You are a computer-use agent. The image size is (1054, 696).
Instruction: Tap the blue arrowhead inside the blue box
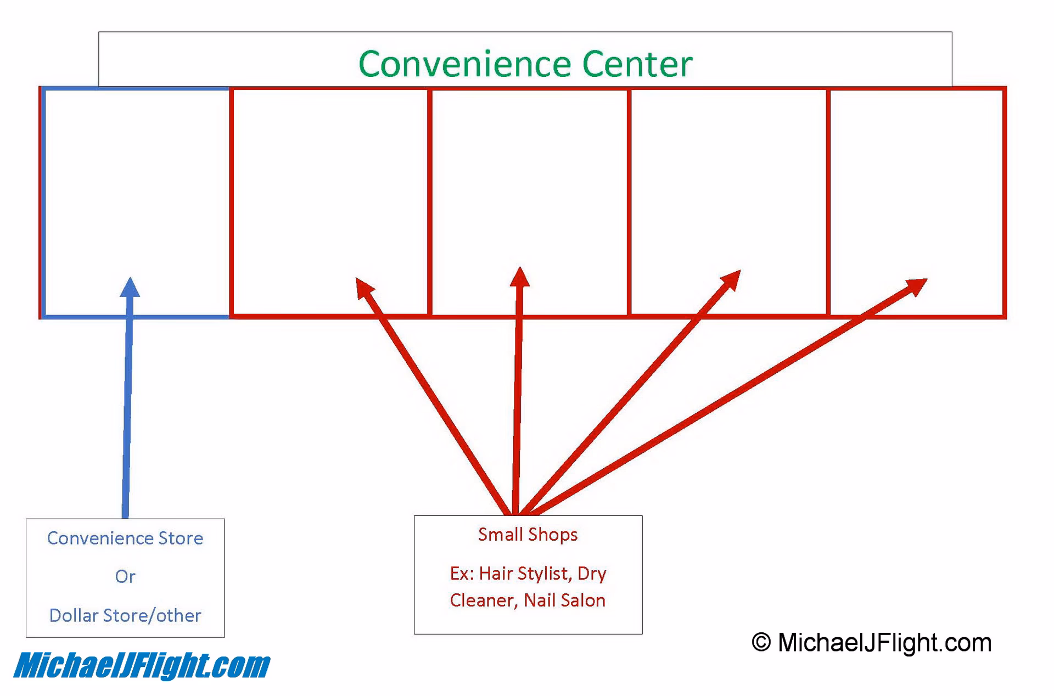(x=130, y=288)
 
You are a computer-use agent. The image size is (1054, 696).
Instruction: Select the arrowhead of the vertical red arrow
(x=519, y=277)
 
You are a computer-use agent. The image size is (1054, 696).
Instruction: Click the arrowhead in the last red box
(x=916, y=285)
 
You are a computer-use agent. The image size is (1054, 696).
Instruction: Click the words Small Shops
(x=528, y=535)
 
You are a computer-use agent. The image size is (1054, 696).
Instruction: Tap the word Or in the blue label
(x=125, y=576)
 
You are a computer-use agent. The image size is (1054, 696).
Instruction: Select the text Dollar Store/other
(x=125, y=615)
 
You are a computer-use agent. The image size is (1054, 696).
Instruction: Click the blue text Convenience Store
(x=125, y=538)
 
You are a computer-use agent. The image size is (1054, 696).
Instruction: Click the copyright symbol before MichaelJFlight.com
(x=761, y=642)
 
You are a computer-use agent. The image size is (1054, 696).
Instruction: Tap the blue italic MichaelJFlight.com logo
(x=142, y=666)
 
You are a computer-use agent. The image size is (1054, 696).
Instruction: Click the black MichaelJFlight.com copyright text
(x=884, y=642)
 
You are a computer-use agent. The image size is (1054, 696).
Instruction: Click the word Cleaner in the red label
(x=481, y=600)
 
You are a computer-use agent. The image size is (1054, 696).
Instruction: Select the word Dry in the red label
(x=592, y=573)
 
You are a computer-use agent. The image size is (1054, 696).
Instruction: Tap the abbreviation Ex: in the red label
(x=462, y=573)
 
